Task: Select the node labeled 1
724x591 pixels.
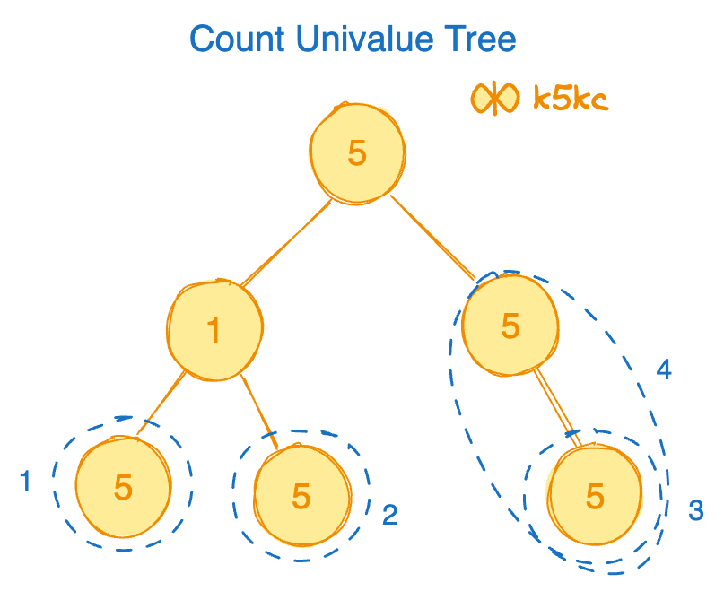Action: pos(214,329)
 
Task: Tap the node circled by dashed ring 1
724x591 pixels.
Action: pos(123,487)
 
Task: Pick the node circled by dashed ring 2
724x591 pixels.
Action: pos(301,495)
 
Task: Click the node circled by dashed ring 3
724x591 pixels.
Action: pos(595,495)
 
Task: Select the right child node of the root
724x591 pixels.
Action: pos(510,325)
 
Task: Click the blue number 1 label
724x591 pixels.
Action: pos(25,482)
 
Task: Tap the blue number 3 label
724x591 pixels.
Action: pos(695,510)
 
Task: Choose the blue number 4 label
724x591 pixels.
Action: pos(664,369)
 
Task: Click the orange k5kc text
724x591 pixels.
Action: pos(571,98)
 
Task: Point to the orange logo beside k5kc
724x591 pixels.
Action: pos(494,98)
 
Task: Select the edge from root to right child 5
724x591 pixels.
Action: pos(433,237)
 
